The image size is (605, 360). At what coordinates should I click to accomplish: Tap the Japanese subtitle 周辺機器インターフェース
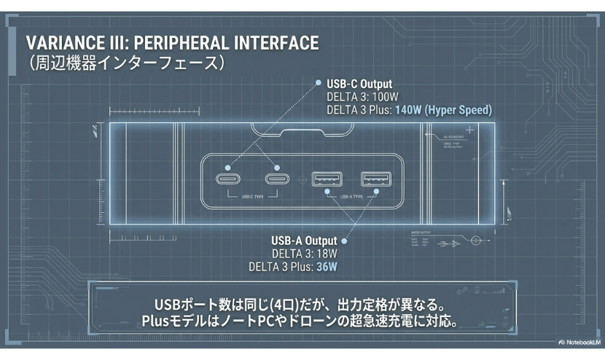(x=124, y=63)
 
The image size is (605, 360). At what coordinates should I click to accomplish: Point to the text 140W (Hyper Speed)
(x=443, y=110)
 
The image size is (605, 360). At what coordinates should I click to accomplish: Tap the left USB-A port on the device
(x=326, y=179)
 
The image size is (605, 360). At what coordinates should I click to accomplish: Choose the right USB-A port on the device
(x=375, y=179)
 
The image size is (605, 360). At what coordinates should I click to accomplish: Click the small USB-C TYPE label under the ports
(x=250, y=196)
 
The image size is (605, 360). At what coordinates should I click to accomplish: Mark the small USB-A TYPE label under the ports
(x=351, y=196)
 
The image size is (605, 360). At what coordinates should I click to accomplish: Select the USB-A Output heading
(x=304, y=240)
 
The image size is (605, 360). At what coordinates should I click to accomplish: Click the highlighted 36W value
(x=327, y=266)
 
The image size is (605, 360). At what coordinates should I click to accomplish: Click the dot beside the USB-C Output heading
(x=318, y=83)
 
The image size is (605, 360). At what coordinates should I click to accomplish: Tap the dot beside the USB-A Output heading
(x=344, y=240)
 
